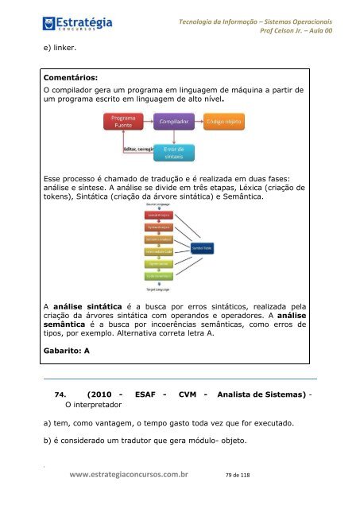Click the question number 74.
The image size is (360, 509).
[x=58, y=394]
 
